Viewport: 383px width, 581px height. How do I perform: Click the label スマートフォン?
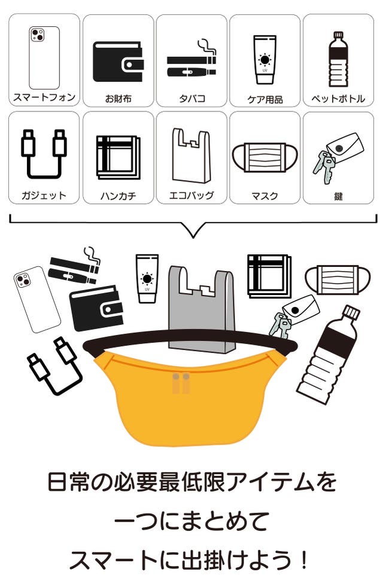[x=44, y=98]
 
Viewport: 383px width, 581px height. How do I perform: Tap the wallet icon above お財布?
[x=118, y=62]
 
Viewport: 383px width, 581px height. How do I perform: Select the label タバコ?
[x=191, y=99]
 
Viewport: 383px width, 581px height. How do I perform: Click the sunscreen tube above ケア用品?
[x=265, y=60]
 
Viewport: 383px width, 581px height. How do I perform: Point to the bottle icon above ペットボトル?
[x=338, y=59]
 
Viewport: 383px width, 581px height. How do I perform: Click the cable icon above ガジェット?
[x=44, y=154]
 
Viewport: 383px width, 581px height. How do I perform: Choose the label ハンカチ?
[x=118, y=196]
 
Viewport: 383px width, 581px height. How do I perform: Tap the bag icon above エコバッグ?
[x=191, y=156]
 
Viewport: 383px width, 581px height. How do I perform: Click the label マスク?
[x=265, y=196]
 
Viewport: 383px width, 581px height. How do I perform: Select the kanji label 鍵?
[x=338, y=196]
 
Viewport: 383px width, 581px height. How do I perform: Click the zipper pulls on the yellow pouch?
[x=181, y=383]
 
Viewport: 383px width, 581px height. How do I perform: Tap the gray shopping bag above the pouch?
[x=202, y=308]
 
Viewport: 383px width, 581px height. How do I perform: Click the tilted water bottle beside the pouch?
[x=329, y=354]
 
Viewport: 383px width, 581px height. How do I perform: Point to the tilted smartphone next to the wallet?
[x=37, y=299]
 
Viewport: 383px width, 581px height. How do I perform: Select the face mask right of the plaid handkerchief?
[x=338, y=280]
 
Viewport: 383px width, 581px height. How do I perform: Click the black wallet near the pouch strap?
[x=96, y=308]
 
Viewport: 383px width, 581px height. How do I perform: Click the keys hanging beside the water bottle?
[x=281, y=324]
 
